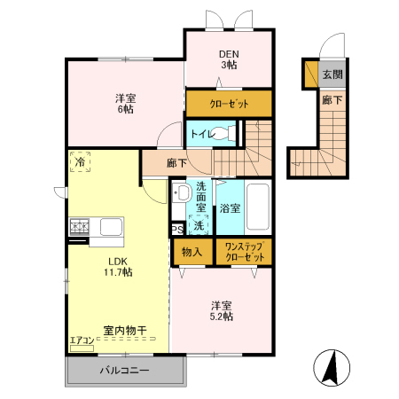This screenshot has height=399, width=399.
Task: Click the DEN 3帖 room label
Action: [x=229, y=58]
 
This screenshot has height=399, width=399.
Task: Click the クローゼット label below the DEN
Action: [x=229, y=105]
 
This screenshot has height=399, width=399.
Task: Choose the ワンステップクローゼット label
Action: [x=245, y=252]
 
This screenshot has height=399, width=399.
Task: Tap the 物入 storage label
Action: [x=192, y=252]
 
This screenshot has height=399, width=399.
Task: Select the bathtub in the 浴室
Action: [x=259, y=207]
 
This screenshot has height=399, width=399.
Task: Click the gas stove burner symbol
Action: [x=78, y=228]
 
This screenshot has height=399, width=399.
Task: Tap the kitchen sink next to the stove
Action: [x=110, y=227]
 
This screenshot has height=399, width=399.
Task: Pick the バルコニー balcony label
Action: [x=124, y=370]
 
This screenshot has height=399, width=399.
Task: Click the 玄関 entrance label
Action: [x=331, y=74]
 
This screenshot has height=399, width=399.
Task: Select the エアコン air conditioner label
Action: [x=81, y=340]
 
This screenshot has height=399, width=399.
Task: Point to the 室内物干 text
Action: [x=125, y=330]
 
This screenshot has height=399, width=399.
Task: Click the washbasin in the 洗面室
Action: [x=180, y=195]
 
